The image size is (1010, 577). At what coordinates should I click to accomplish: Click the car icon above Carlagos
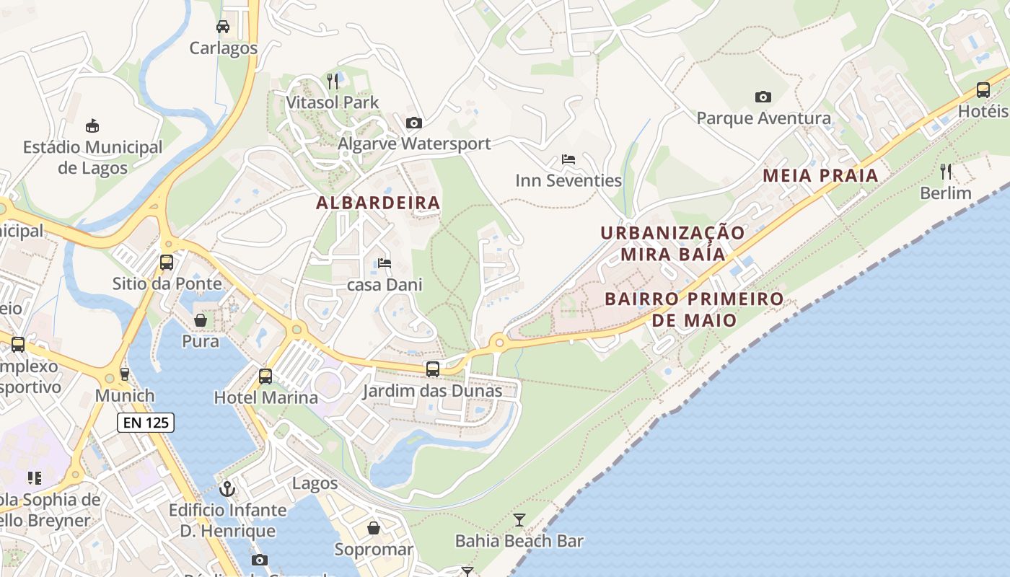click(x=223, y=27)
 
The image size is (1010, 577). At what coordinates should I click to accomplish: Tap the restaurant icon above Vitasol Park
click(x=333, y=81)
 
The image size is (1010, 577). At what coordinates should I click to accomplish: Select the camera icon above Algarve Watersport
click(x=413, y=123)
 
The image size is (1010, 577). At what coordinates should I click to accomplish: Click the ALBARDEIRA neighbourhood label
click(x=378, y=203)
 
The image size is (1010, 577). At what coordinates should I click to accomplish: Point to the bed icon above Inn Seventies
click(x=568, y=159)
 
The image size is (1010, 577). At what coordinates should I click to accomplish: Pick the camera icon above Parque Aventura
click(x=763, y=97)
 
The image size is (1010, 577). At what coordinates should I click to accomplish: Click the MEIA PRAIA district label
click(x=820, y=175)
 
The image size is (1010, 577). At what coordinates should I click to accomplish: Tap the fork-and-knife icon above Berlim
click(x=946, y=172)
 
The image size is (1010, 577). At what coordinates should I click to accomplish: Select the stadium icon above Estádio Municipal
click(x=92, y=126)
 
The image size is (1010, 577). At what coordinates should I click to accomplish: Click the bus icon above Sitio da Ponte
click(x=167, y=263)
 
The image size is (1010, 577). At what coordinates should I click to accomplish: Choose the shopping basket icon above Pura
click(x=201, y=320)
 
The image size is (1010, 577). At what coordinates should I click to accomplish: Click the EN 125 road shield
click(x=146, y=423)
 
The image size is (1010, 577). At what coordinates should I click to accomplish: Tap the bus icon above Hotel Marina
click(x=265, y=376)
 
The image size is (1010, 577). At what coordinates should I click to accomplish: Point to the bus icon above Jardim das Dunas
click(x=432, y=369)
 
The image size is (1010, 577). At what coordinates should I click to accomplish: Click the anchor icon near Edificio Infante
click(x=227, y=489)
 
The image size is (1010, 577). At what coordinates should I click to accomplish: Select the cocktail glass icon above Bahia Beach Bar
click(x=519, y=519)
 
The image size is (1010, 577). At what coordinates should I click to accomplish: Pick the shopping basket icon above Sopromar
click(x=374, y=528)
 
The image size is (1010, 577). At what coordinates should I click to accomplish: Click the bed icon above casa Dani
click(x=385, y=263)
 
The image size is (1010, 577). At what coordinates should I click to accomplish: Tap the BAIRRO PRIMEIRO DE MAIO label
click(x=694, y=309)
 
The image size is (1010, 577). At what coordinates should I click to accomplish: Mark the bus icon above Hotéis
click(x=983, y=90)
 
